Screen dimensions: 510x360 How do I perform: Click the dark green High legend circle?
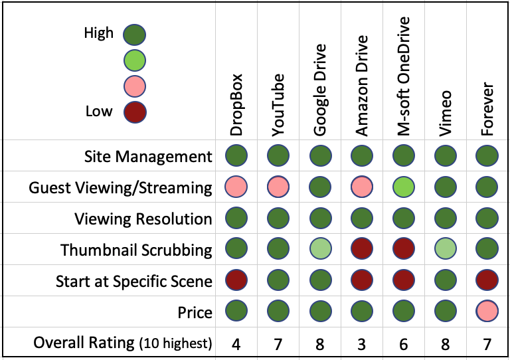pyautogui.click(x=134, y=35)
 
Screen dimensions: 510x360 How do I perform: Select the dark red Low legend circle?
pyautogui.click(x=135, y=112)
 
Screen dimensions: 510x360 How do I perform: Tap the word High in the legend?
pyautogui.click(x=98, y=33)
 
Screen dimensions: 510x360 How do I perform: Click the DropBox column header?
pyautogui.click(x=236, y=104)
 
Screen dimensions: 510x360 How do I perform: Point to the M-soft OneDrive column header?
pyautogui.click(x=403, y=76)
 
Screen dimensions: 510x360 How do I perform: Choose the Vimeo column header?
pyautogui.click(x=446, y=113)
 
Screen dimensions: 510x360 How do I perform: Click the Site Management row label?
pyautogui.click(x=148, y=157)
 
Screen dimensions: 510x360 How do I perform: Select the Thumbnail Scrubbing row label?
pyautogui.click(x=136, y=250)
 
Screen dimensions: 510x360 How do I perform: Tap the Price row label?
pyautogui.click(x=195, y=313)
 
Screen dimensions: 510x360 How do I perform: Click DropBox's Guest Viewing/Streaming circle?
pyautogui.click(x=236, y=187)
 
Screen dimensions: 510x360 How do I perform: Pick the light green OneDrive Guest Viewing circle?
pyautogui.click(x=404, y=187)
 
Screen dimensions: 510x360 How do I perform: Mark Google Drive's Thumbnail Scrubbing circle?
pyautogui.click(x=320, y=249)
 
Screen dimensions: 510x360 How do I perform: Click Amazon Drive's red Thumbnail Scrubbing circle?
pyautogui.click(x=362, y=249)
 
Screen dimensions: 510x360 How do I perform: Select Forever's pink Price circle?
pyautogui.click(x=487, y=311)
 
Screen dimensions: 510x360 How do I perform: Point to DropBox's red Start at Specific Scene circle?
pyautogui.click(x=236, y=280)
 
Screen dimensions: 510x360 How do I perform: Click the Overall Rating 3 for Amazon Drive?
pyautogui.click(x=362, y=344)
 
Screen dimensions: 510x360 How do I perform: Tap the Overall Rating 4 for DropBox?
pyautogui.click(x=236, y=344)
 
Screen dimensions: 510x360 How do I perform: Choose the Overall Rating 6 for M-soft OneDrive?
pyautogui.click(x=404, y=344)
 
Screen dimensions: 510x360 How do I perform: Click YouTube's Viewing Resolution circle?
pyautogui.click(x=278, y=218)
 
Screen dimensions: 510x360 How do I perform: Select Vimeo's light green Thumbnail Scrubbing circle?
pyautogui.click(x=446, y=249)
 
